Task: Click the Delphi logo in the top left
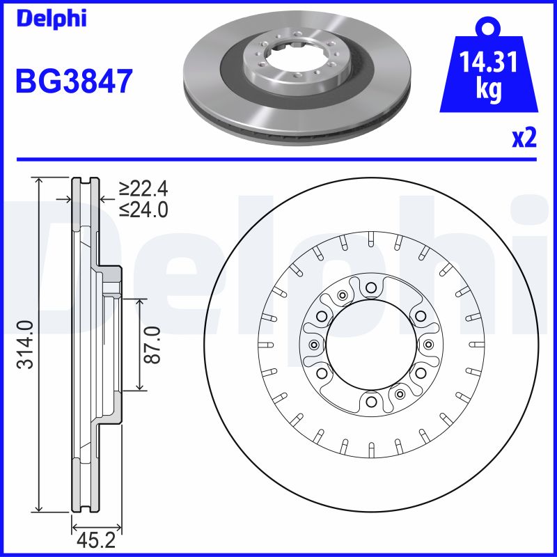51,19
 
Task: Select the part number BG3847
74,82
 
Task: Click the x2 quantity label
524,139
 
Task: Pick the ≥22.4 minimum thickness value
143,189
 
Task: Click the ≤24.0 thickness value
143,209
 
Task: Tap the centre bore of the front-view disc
370,345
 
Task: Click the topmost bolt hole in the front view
370,288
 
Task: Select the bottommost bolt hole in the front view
370,402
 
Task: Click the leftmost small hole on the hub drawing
313,345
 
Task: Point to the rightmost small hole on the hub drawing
427,345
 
